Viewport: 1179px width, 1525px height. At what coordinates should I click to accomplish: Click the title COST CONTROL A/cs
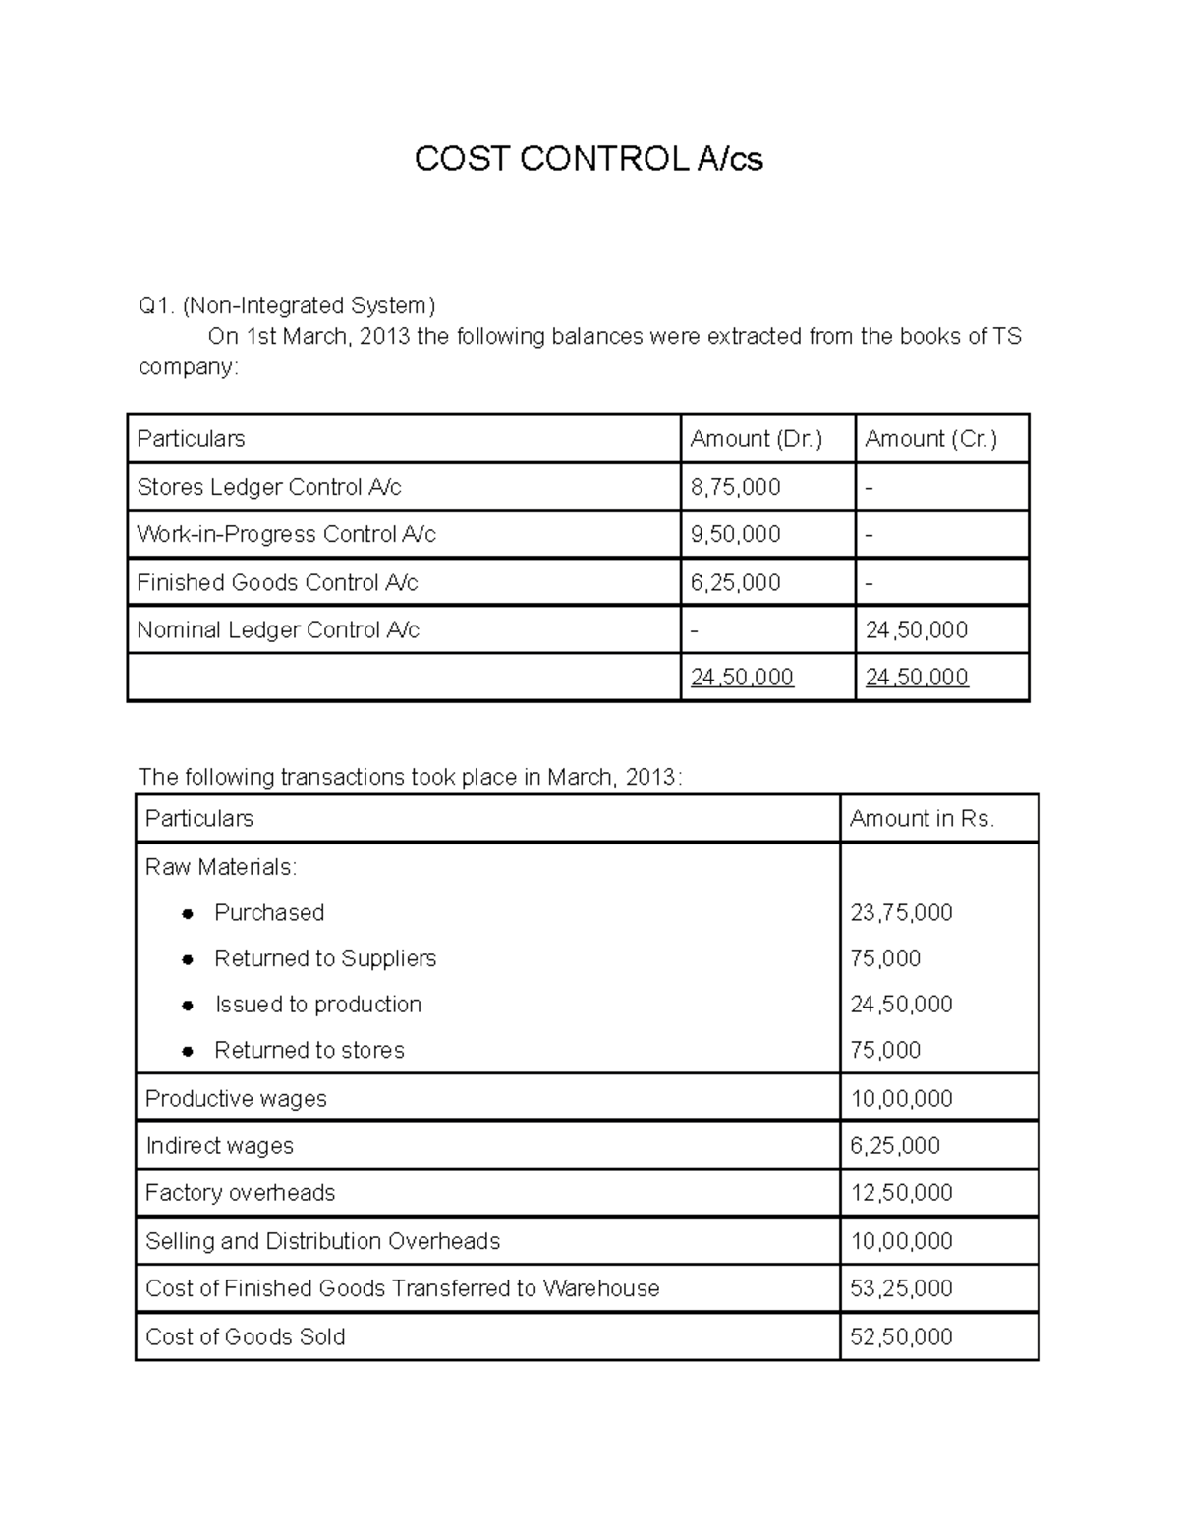pyautogui.click(x=589, y=158)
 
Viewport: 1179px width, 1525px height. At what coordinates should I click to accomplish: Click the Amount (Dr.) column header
pyautogui.click(x=756, y=439)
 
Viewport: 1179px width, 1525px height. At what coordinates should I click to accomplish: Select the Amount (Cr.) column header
pyautogui.click(x=930, y=439)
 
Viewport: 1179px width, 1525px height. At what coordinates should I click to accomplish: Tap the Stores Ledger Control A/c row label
pyautogui.click(x=268, y=487)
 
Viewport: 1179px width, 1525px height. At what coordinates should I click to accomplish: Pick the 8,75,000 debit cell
pyautogui.click(x=735, y=487)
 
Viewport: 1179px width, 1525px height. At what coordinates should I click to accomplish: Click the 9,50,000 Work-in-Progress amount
pyautogui.click(x=735, y=534)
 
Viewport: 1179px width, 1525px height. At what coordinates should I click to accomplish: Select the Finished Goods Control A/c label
pyautogui.click(x=277, y=582)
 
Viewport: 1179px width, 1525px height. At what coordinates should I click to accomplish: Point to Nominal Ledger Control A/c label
pyautogui.click(x=277, y=629)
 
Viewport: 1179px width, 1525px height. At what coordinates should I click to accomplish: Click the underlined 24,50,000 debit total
pyautogui.click(x=742, y=677)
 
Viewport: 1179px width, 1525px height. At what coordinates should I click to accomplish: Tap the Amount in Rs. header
pyautogui.click(x=922, y=819)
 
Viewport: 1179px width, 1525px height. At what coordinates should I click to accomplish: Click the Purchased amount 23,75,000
pyautogui.click(x=901, y=912)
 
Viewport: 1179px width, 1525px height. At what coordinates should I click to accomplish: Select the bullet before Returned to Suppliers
pyautogui.click(x=188, y=959)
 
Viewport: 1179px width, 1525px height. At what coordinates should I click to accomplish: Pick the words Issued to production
pyautogui.click(x=317, y=1004)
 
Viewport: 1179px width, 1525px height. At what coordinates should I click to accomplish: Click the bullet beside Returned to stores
pyautogui.click(x=188, y=1051)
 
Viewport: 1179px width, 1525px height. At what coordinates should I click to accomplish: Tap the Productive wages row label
pyautogui.click(x=236, y=1098)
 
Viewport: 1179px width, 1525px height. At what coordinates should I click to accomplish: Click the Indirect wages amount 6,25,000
pyautogui.click(x=895, y=1145)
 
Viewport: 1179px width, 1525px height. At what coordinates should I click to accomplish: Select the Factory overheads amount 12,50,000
pyautogui.click(x=901, y=1192)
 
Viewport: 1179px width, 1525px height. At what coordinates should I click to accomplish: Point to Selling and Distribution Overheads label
pyautogui.click(x=322, y=1241)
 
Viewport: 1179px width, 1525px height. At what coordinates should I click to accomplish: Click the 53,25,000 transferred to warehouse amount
pyautogui.click(x=901, y=1288)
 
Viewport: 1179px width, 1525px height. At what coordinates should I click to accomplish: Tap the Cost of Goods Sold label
pyautogui.click(x=245, y=1336)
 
